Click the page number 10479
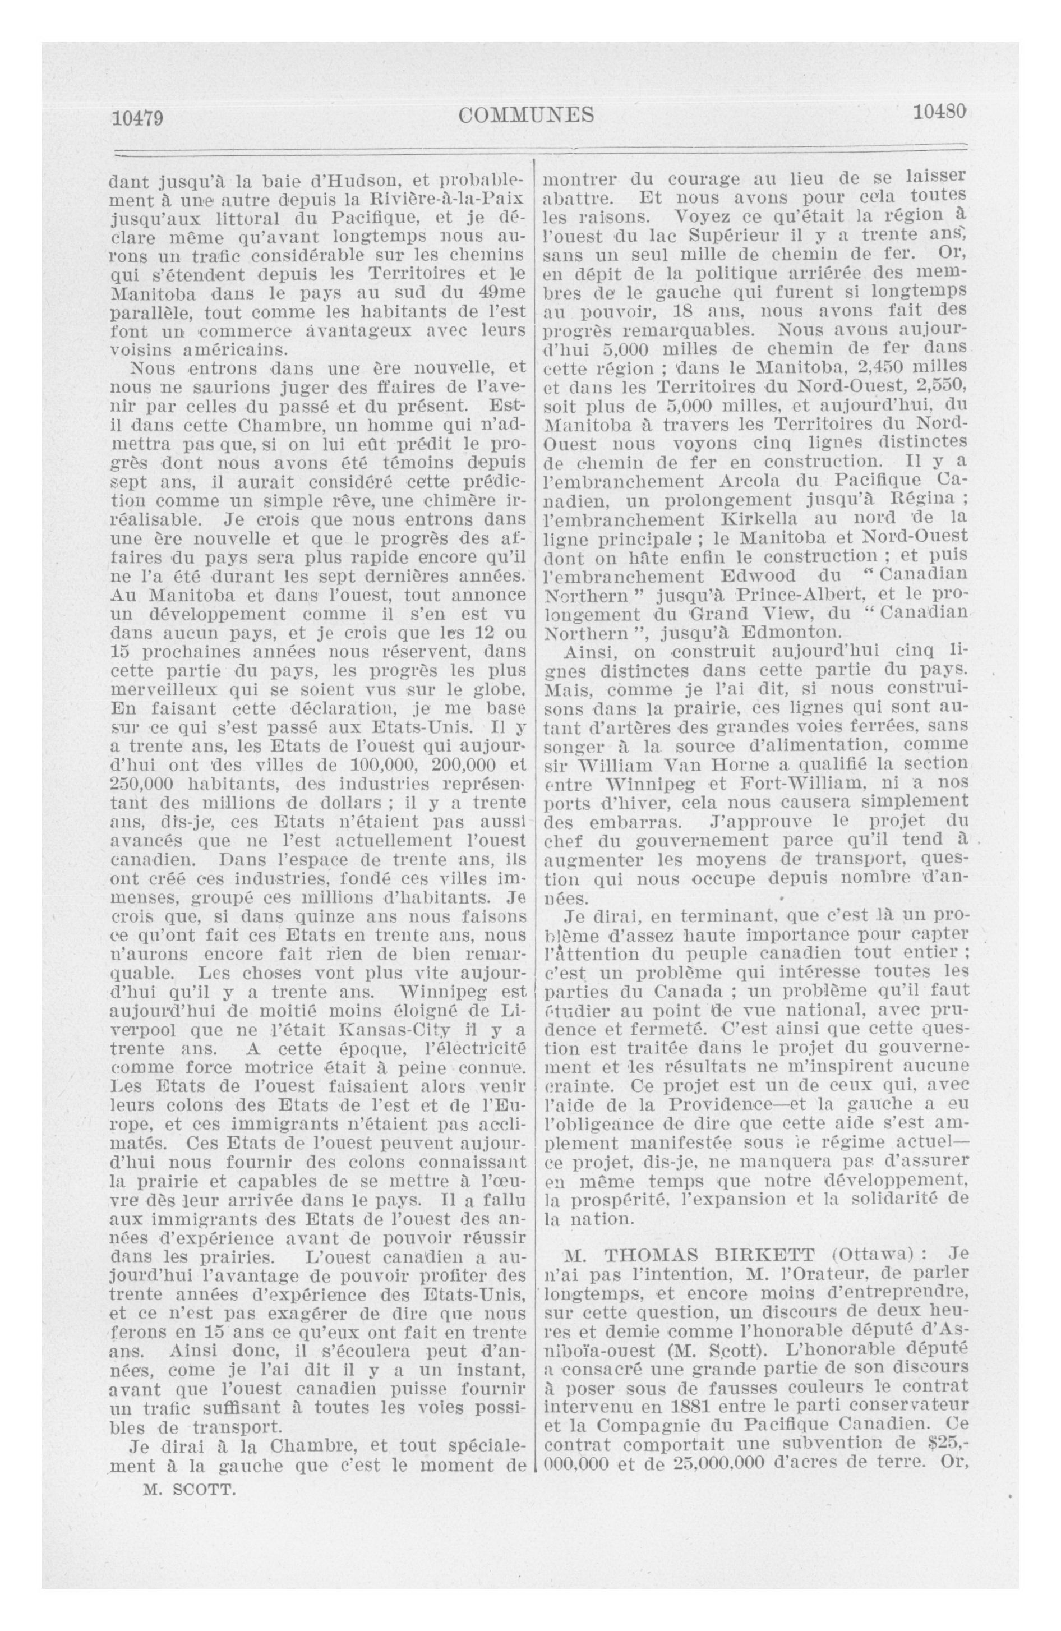tap(138, 118)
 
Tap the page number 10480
tap(938, 111)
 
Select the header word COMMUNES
tap(527, 115)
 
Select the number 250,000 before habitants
tap(144, 784)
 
